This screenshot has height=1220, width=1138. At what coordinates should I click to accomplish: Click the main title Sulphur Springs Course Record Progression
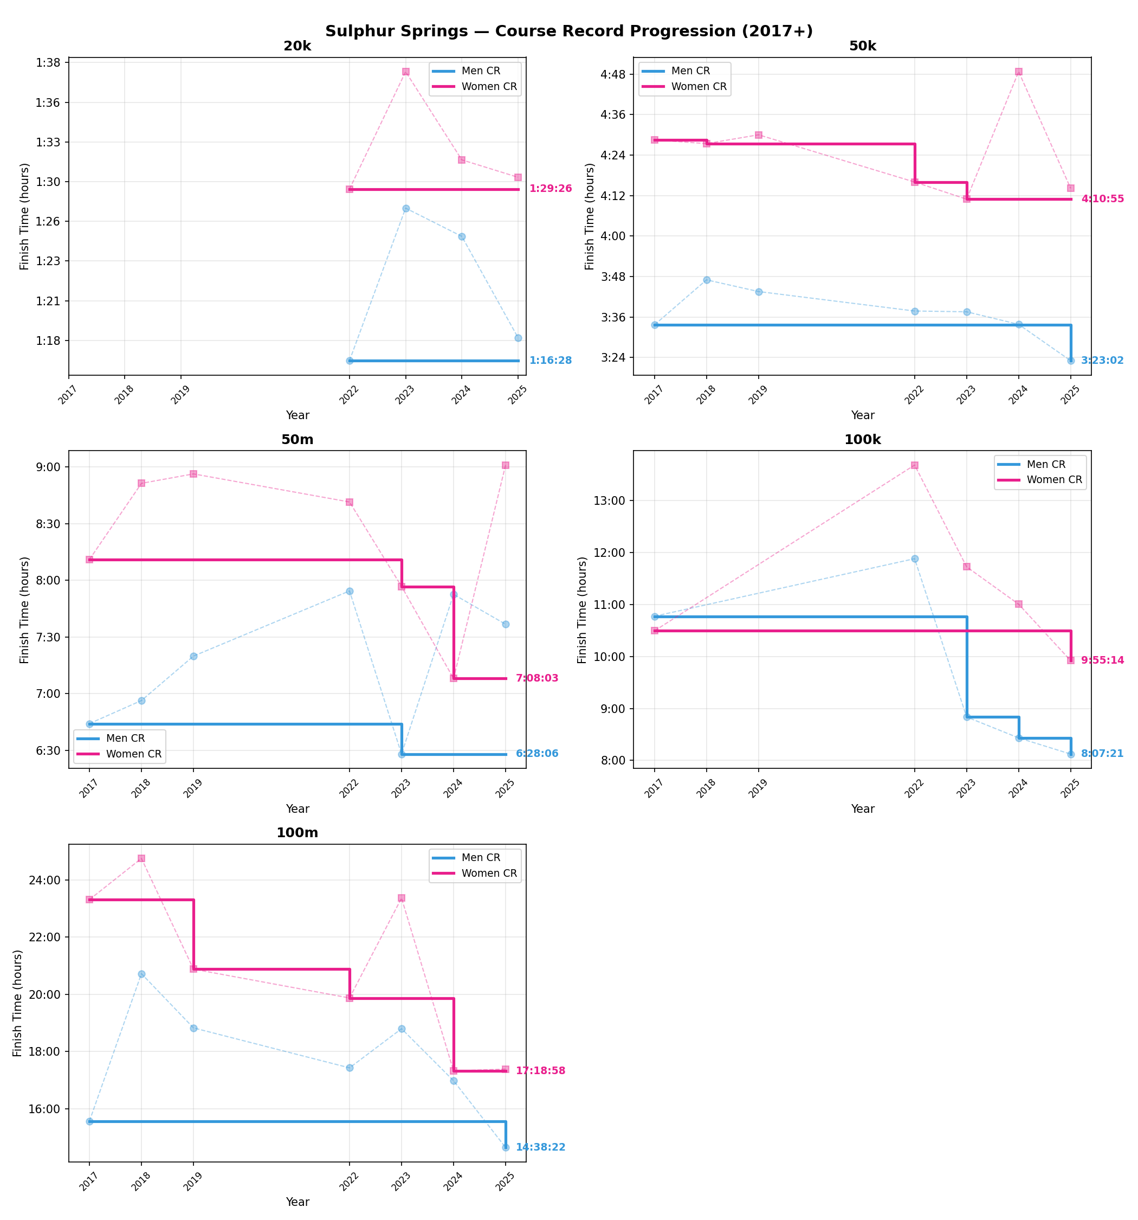[x=568, y=31]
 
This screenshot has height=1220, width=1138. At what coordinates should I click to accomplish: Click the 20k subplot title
[x=297, y=47]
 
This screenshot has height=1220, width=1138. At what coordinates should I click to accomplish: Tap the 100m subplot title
[x=297, y=833]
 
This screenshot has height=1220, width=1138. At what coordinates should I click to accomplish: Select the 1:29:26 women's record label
[x=550, y=188]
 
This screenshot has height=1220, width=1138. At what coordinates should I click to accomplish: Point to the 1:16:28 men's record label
[x=550, y=360]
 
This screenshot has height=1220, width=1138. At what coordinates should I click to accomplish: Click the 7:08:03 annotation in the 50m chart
[x=537, y=678]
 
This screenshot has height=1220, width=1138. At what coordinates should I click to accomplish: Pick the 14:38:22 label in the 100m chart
[x=540, y=1147]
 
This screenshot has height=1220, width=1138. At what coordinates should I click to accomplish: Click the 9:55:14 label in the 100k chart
[x=1102, y=660]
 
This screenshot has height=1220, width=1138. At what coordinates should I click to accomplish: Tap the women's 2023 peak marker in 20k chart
[x=405, y=72]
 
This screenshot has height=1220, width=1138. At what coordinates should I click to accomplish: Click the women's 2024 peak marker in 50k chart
[x=1018, y=72]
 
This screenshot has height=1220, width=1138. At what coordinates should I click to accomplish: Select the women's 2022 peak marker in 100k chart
[x=914, y=465]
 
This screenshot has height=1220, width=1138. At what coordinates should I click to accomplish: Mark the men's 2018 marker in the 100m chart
[x=141, y=974]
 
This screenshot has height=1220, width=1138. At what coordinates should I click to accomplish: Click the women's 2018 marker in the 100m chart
[x=141, y=858]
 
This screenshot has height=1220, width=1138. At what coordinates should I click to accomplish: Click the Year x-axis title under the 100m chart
[x=297, y=1202]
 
